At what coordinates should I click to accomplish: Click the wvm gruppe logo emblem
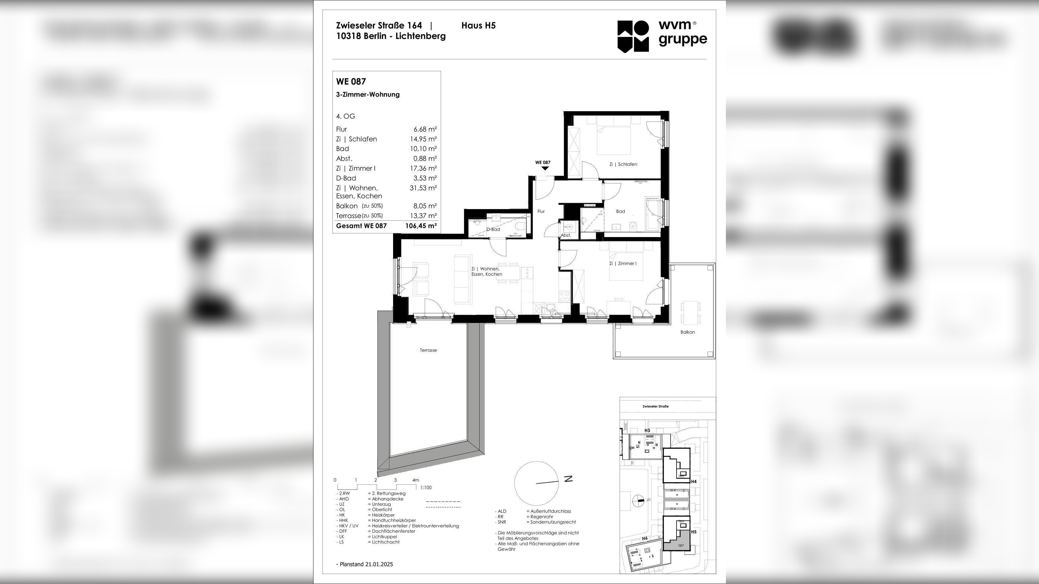633,36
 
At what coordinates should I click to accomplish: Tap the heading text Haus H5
478,25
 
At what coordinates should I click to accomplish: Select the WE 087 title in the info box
351,82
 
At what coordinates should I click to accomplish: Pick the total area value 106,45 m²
421,226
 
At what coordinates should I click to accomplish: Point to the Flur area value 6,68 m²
425,130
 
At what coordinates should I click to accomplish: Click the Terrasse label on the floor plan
428,350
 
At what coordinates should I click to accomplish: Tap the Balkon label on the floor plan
687,332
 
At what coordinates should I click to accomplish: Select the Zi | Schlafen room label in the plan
623,164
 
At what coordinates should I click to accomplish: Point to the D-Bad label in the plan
493,229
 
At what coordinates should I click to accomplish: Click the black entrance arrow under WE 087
545,168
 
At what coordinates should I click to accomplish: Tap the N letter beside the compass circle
568,479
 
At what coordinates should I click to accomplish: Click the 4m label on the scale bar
415,480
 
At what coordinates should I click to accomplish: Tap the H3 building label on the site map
647,431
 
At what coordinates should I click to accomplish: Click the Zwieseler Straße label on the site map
656,406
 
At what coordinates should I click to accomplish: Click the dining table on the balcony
691,312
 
